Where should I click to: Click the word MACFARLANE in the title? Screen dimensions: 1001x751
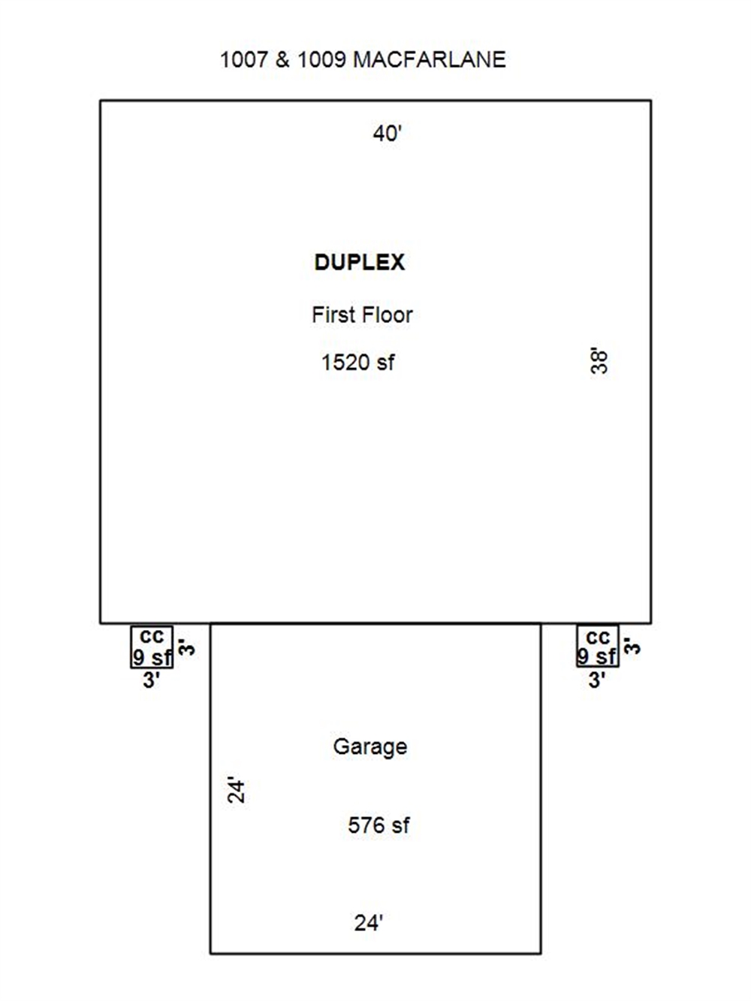[430, 60]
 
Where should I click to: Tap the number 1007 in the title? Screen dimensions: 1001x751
[243, 60]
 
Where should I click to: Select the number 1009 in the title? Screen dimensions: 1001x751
[321, 60]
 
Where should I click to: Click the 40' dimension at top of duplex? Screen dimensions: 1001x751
[388, 134]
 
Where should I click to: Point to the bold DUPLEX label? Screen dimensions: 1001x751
[360, 262]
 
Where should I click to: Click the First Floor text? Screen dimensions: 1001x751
[362, 315]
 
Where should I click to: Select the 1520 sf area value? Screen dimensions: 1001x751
[357, 363]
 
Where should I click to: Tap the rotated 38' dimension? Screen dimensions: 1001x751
[599, 360]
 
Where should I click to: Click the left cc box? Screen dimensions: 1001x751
[152, 646]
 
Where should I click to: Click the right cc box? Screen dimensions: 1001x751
[598, 646]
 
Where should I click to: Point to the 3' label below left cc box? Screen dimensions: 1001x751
[151, 680]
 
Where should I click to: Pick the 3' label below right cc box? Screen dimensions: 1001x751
[596, 680]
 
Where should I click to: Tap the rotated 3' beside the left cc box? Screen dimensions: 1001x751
[187, 647]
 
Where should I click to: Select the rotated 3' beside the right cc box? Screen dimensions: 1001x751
[632, 647]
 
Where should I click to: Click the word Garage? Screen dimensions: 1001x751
[370, 746]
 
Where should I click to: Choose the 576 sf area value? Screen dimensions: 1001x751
[379, 825]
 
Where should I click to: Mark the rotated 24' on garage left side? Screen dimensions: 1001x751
[237, 790]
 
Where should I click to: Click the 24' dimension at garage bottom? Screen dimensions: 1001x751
[369, 923]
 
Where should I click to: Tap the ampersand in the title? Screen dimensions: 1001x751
[282, 60]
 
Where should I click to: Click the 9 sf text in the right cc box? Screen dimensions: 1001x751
[598, 657]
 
